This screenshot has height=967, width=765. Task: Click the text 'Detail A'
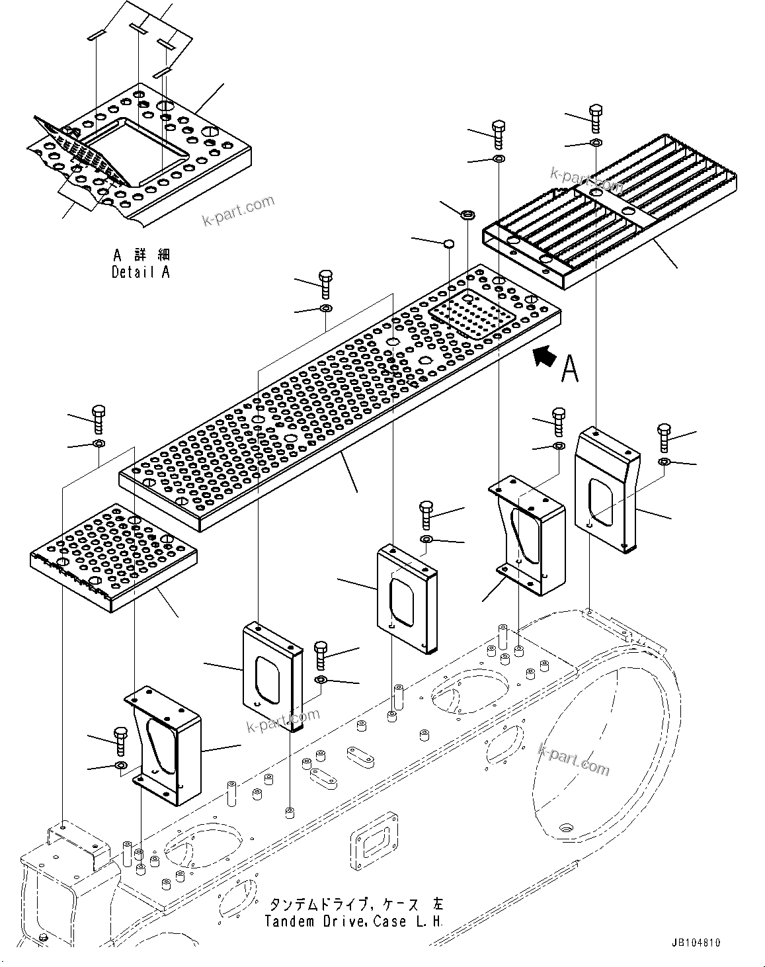(x=140, y=272)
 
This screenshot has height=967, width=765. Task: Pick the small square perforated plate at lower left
(x=112, y=552)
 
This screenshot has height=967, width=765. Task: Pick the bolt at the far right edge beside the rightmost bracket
(x=664, y=437)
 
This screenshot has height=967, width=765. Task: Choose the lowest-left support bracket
(x=162, y=744)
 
